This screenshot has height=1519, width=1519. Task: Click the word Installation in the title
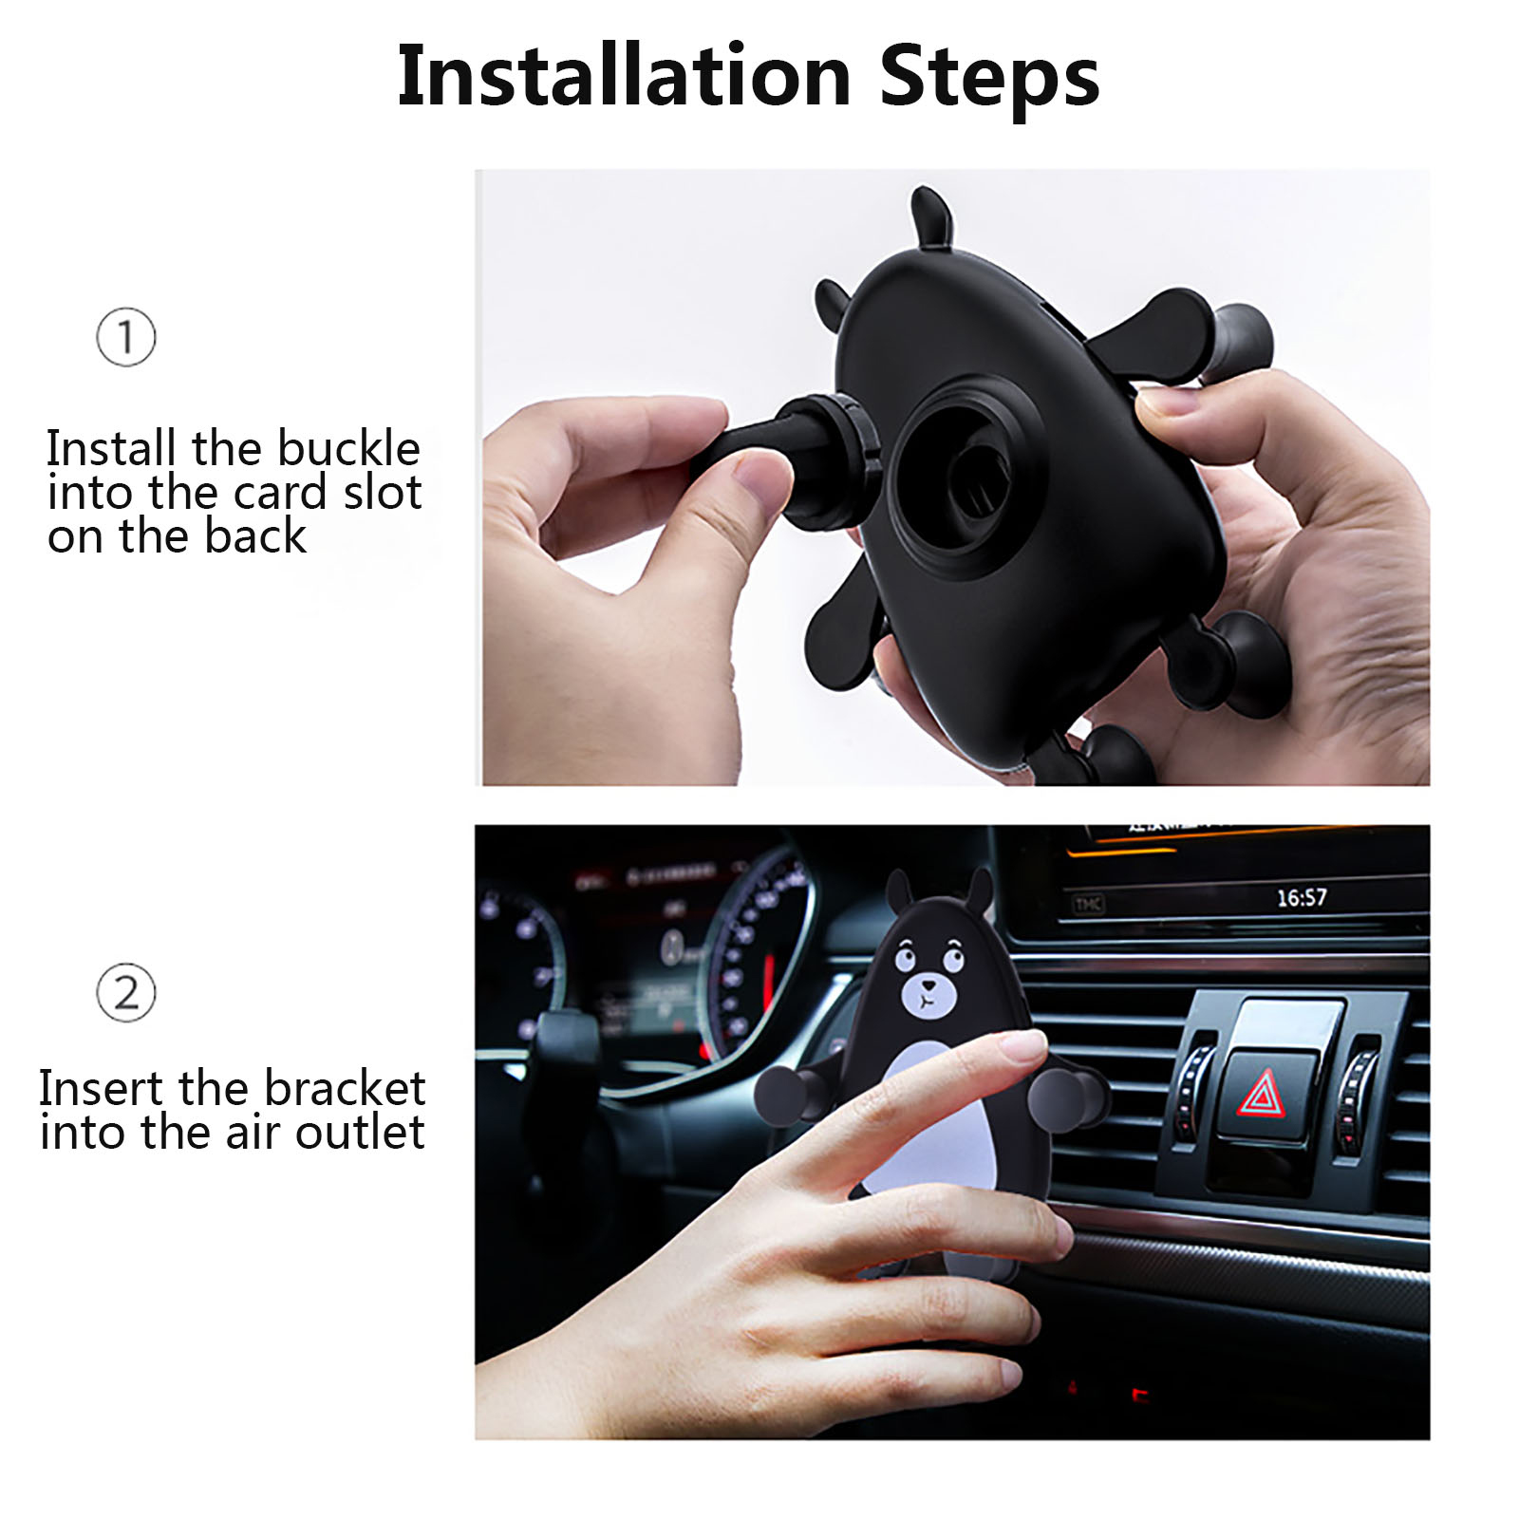click(x=624, y=76)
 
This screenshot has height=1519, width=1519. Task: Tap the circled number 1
click(x=125, y=337)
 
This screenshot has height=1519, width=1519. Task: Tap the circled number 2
click(x=125, y=993)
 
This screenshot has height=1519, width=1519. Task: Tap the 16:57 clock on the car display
click(x=1301, y=897)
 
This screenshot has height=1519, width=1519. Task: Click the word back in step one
click(x=255, y=536)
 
